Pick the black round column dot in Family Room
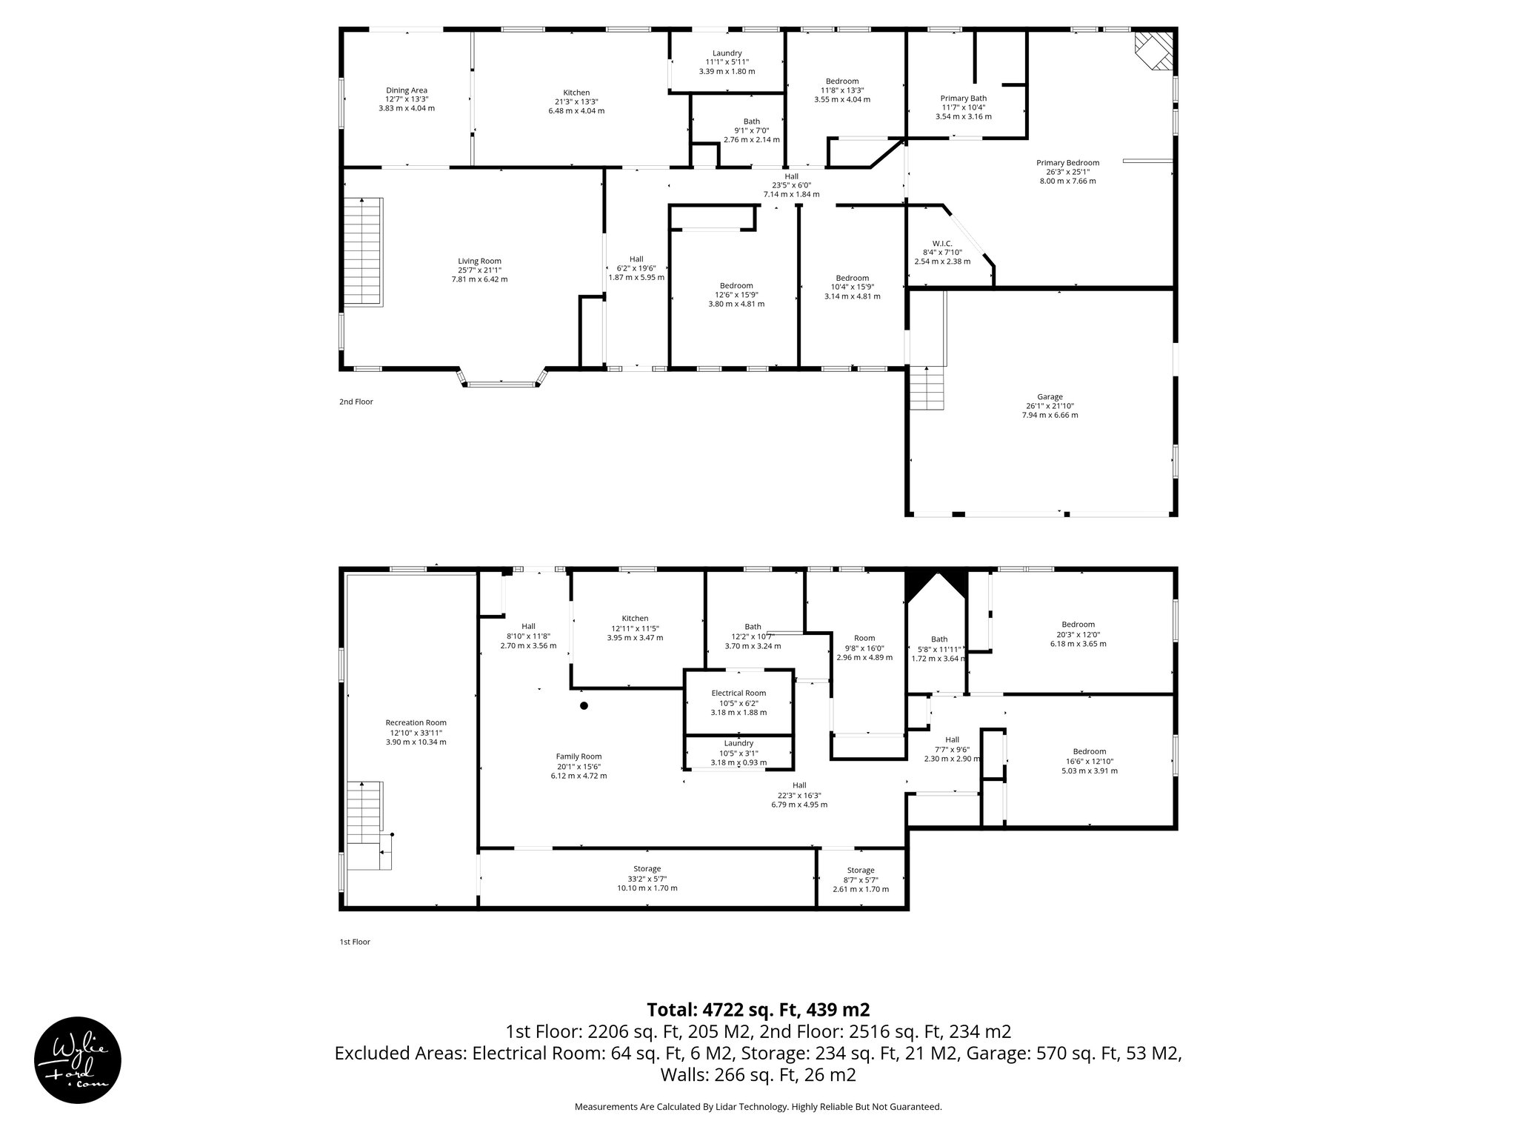tap(584, 705)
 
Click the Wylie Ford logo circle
tap(78, 1059)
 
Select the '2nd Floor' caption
tap(356, 402)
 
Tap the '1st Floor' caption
tap(355, 942)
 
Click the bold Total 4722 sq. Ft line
tap(758, 1010)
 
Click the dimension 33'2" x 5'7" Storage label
tap(647, 879)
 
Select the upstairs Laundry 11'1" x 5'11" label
tap(727, 62)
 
